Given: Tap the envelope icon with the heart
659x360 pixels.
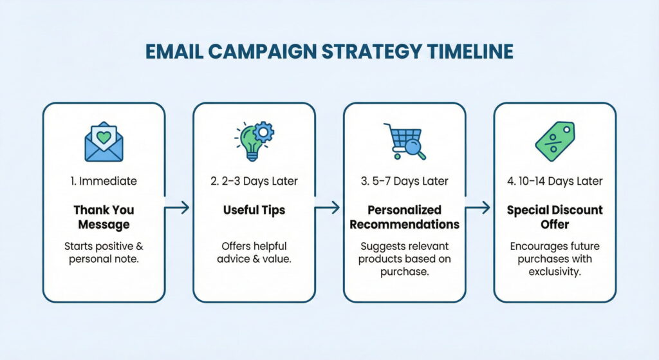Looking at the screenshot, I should [x=104, y=142].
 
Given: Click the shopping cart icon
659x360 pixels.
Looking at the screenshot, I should [x=402, y=141].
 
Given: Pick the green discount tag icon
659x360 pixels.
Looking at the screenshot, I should [x=555, y=141].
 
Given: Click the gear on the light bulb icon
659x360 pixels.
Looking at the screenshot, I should [x=263, y=133].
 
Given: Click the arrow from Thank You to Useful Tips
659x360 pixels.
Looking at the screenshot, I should [x=179, y=207].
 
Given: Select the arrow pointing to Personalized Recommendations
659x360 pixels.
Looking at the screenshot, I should [x=329, y=207].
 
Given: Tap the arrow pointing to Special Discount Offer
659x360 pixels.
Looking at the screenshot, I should [x=479, y=207].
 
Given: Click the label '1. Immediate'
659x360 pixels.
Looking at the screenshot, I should [x=104, y=181].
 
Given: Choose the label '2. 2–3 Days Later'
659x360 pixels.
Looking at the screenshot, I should [x=254, y=181].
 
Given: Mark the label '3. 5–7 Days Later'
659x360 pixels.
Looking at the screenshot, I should [x=404, y=181].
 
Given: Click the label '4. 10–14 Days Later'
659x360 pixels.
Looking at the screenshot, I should [x=555, y=181].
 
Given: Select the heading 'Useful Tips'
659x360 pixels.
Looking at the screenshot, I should [x=254, y=211].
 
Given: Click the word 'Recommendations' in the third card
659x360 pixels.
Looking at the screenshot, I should [x=404, y=224].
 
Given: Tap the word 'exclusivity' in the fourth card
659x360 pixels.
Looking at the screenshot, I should [x=555, y=272].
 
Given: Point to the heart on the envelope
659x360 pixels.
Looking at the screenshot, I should [x=104, y=137].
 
